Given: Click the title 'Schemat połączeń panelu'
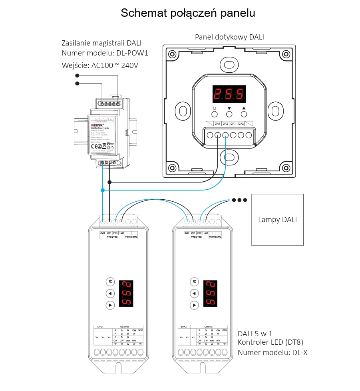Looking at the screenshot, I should (188, 13).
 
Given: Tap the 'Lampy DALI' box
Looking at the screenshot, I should (277, 219).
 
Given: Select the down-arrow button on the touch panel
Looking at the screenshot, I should (229, 114).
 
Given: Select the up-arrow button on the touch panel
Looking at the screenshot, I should (244, 114).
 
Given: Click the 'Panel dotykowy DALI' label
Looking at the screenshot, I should (229, 37).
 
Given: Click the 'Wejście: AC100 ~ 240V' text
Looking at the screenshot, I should (100, 65).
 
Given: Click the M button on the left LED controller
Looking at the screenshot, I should (110, 282).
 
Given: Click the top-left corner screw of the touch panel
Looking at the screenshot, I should (172, 54).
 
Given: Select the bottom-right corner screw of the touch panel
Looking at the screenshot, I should (286, 168).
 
